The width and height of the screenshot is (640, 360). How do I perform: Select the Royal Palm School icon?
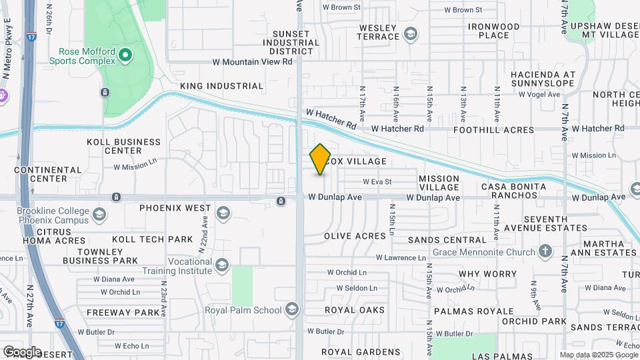point(291,309)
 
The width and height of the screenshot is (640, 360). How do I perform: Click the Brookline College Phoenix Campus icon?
point(99,215)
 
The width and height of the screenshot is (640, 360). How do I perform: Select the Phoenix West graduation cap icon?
point(223,213)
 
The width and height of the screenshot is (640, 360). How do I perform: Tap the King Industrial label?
point(221,86)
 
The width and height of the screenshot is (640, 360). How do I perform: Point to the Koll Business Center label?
point(124,146)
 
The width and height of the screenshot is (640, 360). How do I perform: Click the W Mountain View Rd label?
point(252,61)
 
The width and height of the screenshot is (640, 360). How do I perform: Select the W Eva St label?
point(377,181)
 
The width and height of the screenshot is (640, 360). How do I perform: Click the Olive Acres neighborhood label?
point(355,236)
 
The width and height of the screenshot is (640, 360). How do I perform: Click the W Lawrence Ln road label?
point(400,257)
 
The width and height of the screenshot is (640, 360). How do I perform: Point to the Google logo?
point(21,351)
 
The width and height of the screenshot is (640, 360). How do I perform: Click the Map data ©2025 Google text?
point(598,355)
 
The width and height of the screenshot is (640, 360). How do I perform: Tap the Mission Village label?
point(439,183)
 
